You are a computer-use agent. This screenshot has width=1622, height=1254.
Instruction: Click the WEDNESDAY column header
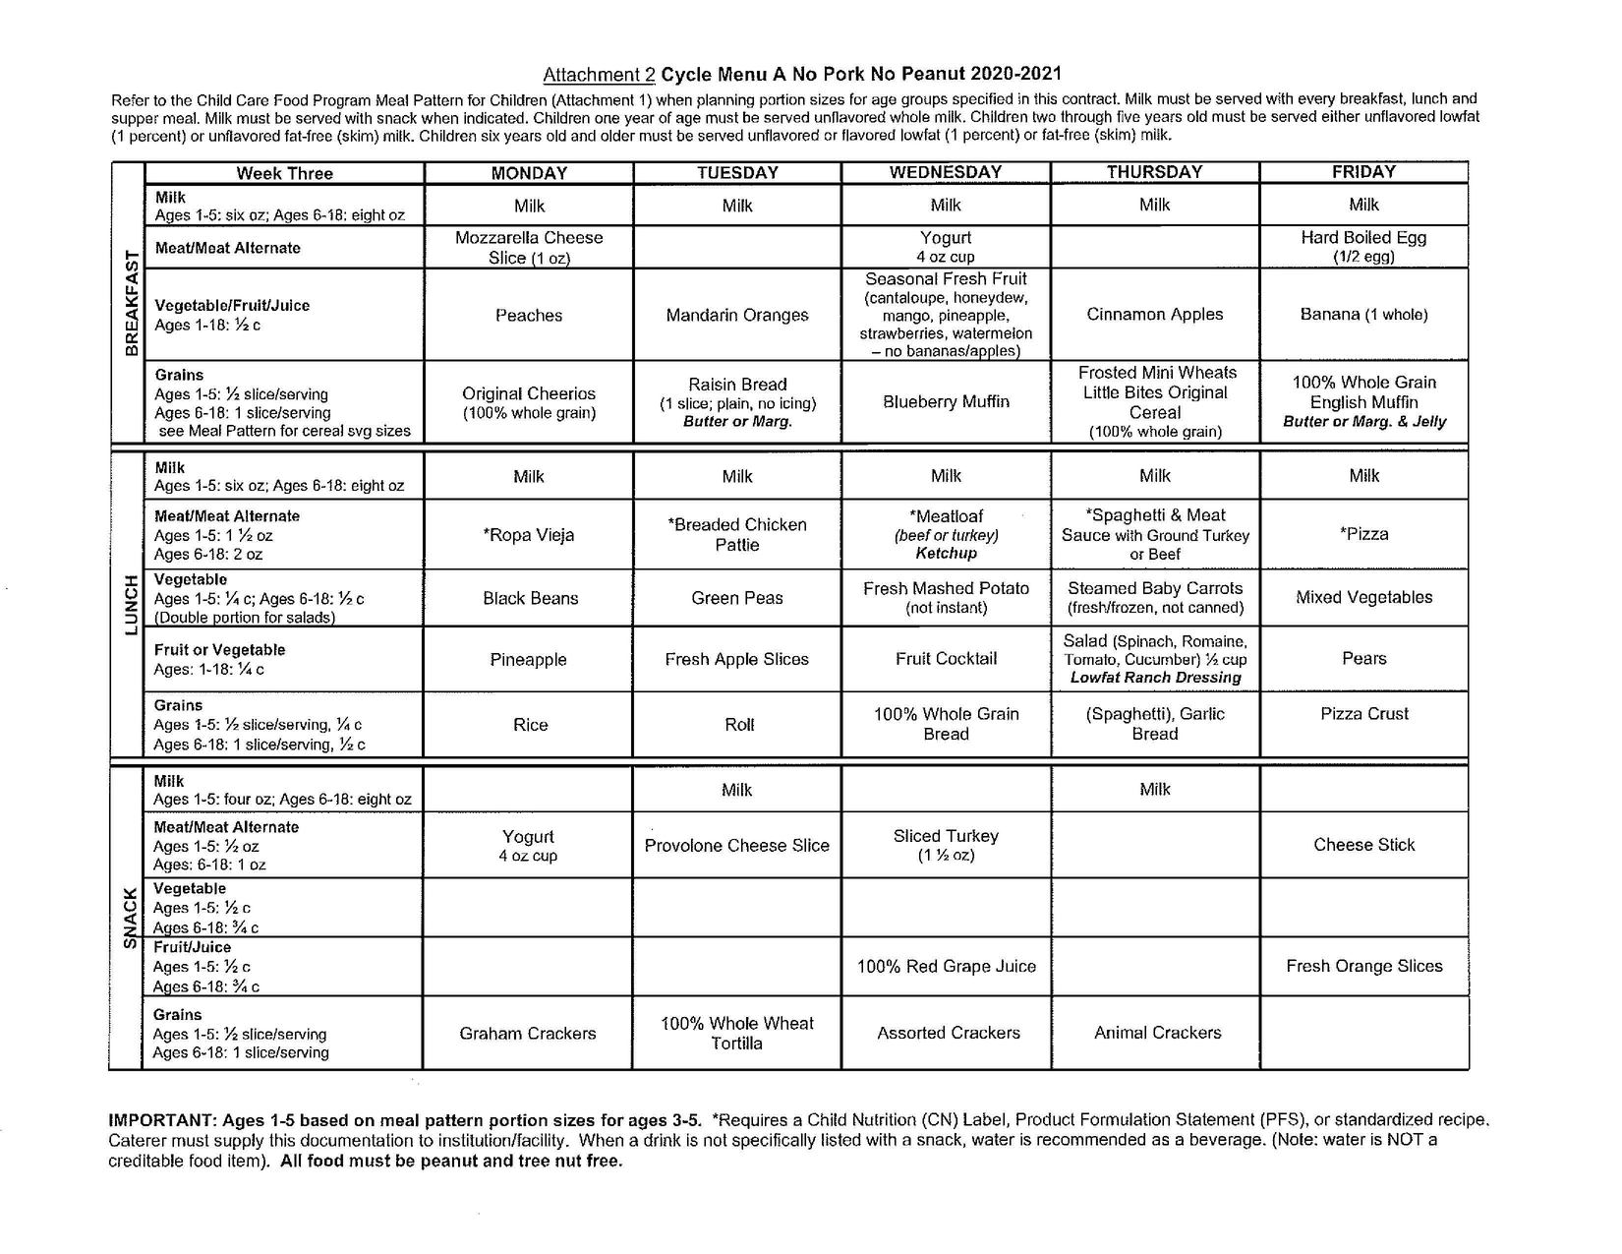946,172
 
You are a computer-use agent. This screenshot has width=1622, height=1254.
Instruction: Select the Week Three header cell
284,173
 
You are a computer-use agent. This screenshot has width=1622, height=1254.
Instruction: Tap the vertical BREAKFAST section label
128,304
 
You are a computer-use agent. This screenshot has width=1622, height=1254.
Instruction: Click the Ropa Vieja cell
529,535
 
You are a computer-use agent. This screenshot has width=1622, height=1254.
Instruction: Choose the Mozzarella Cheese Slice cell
529,247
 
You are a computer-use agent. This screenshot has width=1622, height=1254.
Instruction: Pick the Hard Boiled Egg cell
1363,246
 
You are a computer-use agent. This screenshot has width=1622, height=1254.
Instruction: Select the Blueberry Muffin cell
946,401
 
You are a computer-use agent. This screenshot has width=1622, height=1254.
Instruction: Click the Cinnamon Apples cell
1155,315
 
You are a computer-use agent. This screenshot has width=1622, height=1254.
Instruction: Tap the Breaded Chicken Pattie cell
737,534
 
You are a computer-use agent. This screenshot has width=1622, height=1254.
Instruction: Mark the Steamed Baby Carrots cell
1155,597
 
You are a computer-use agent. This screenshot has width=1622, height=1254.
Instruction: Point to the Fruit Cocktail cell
946,659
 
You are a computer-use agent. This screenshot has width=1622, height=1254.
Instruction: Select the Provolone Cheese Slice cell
737,845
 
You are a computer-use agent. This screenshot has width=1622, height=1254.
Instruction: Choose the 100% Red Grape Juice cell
946,966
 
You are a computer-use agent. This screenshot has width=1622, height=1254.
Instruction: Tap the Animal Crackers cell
1157,1033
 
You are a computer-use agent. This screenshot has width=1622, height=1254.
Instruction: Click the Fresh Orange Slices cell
1364,966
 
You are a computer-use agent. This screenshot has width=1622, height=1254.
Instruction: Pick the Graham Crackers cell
528,1034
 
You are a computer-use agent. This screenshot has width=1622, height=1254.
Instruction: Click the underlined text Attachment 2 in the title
599,75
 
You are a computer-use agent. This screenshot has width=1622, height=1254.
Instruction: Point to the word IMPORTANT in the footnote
161,1120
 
